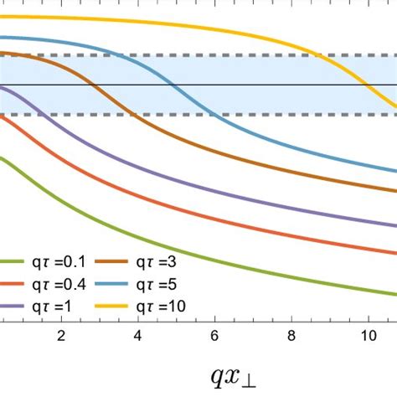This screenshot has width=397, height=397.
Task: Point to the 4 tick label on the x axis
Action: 137,335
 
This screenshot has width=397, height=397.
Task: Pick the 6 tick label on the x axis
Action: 214,335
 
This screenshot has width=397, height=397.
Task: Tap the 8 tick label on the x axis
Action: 291,335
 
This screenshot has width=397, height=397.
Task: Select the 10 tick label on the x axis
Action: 367,335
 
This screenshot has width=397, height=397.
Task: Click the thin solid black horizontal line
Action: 251,85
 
